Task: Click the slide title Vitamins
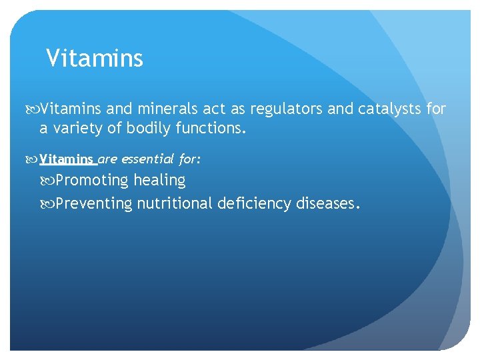click(95, 59)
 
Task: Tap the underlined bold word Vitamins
click(67, 159)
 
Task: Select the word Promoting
click(92, 181)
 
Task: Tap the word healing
click(159, 181)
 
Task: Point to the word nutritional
click(175, 203)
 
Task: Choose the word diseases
click(327, 203)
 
